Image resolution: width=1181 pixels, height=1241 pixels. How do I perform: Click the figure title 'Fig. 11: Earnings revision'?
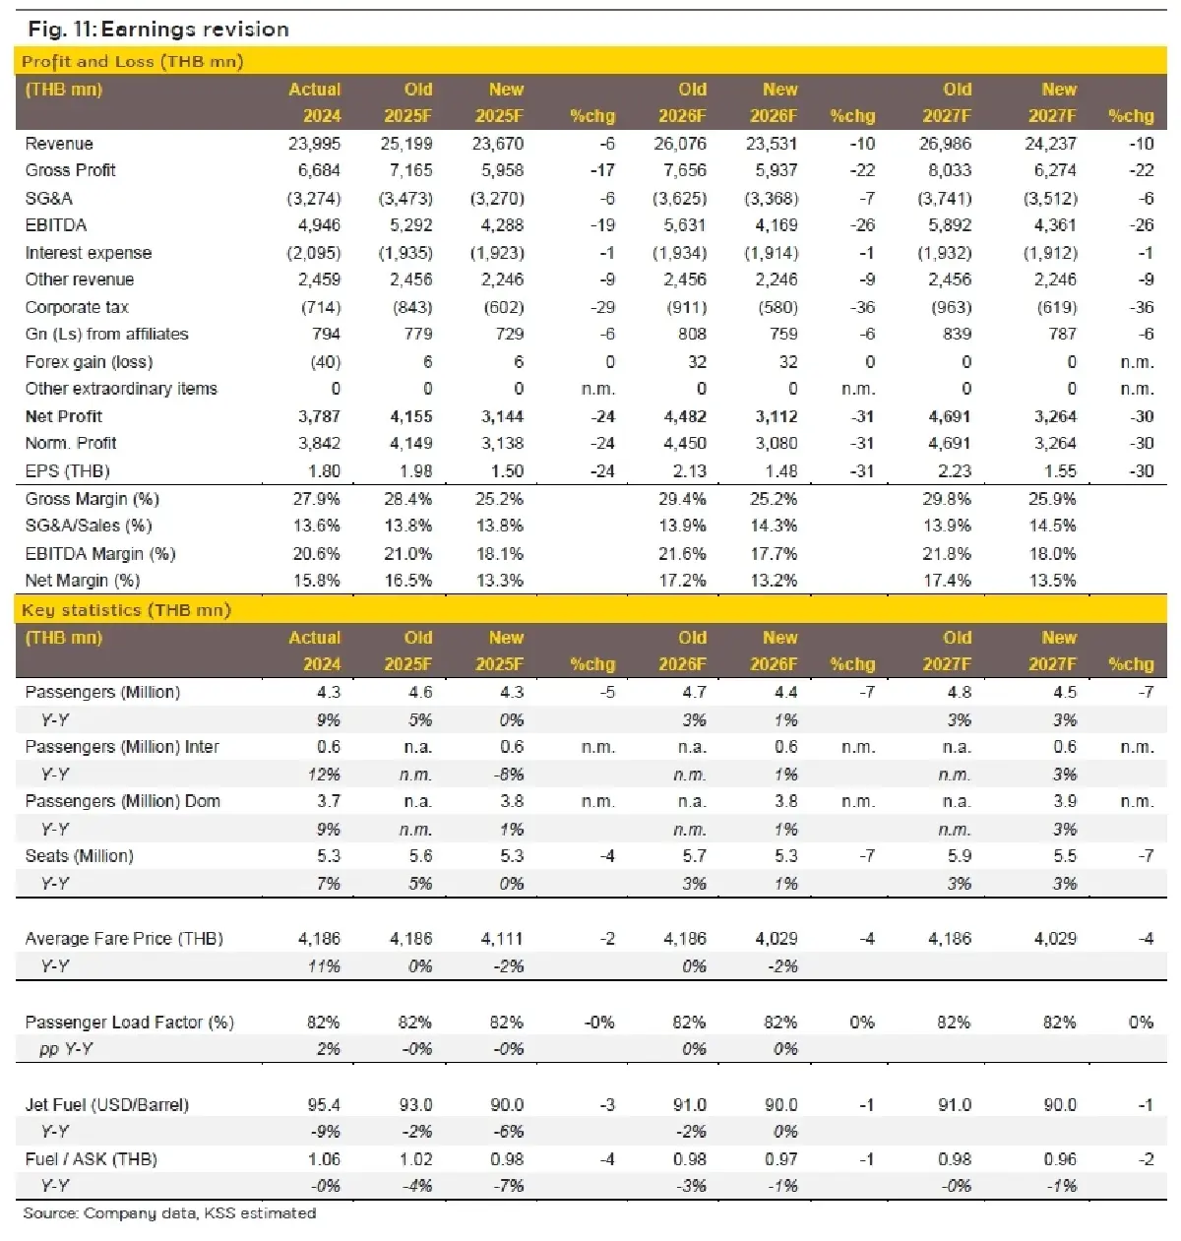click(158, 29)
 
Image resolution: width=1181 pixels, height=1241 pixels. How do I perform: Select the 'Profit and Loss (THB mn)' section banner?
click(133, 61)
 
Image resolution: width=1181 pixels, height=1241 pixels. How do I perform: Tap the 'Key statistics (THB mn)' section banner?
click(127, 610)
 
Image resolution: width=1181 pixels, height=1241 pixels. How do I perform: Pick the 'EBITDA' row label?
click(56, 225)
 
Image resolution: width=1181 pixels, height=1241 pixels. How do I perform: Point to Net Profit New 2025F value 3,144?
click(502, 416)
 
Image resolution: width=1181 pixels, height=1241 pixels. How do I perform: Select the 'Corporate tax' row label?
click(77, 307)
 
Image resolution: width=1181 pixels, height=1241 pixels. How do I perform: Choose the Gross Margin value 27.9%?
click(317, 499)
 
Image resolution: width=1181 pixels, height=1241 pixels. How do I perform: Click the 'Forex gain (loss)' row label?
click(89, 362)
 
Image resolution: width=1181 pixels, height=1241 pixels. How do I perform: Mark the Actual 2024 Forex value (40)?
click(326, 362)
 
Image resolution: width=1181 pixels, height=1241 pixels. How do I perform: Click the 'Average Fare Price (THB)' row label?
click(124, 939)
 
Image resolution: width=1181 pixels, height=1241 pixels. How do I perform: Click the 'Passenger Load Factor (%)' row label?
click(130, 1023)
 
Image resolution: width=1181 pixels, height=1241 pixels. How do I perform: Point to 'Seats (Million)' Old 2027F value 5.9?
click(960, 856)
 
